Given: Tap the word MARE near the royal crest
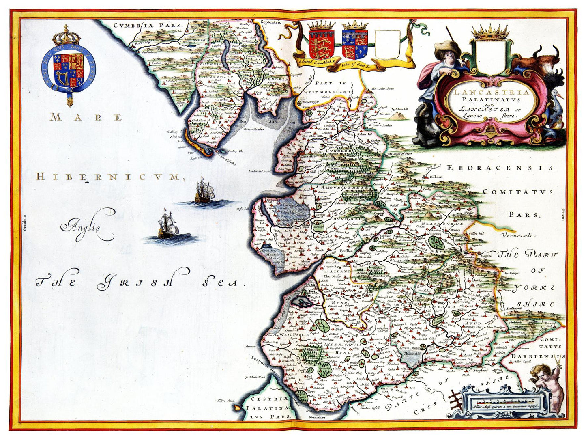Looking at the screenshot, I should [86, 118].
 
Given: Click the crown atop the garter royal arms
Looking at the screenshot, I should [67, 36].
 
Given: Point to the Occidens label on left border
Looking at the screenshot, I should [24, 223].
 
